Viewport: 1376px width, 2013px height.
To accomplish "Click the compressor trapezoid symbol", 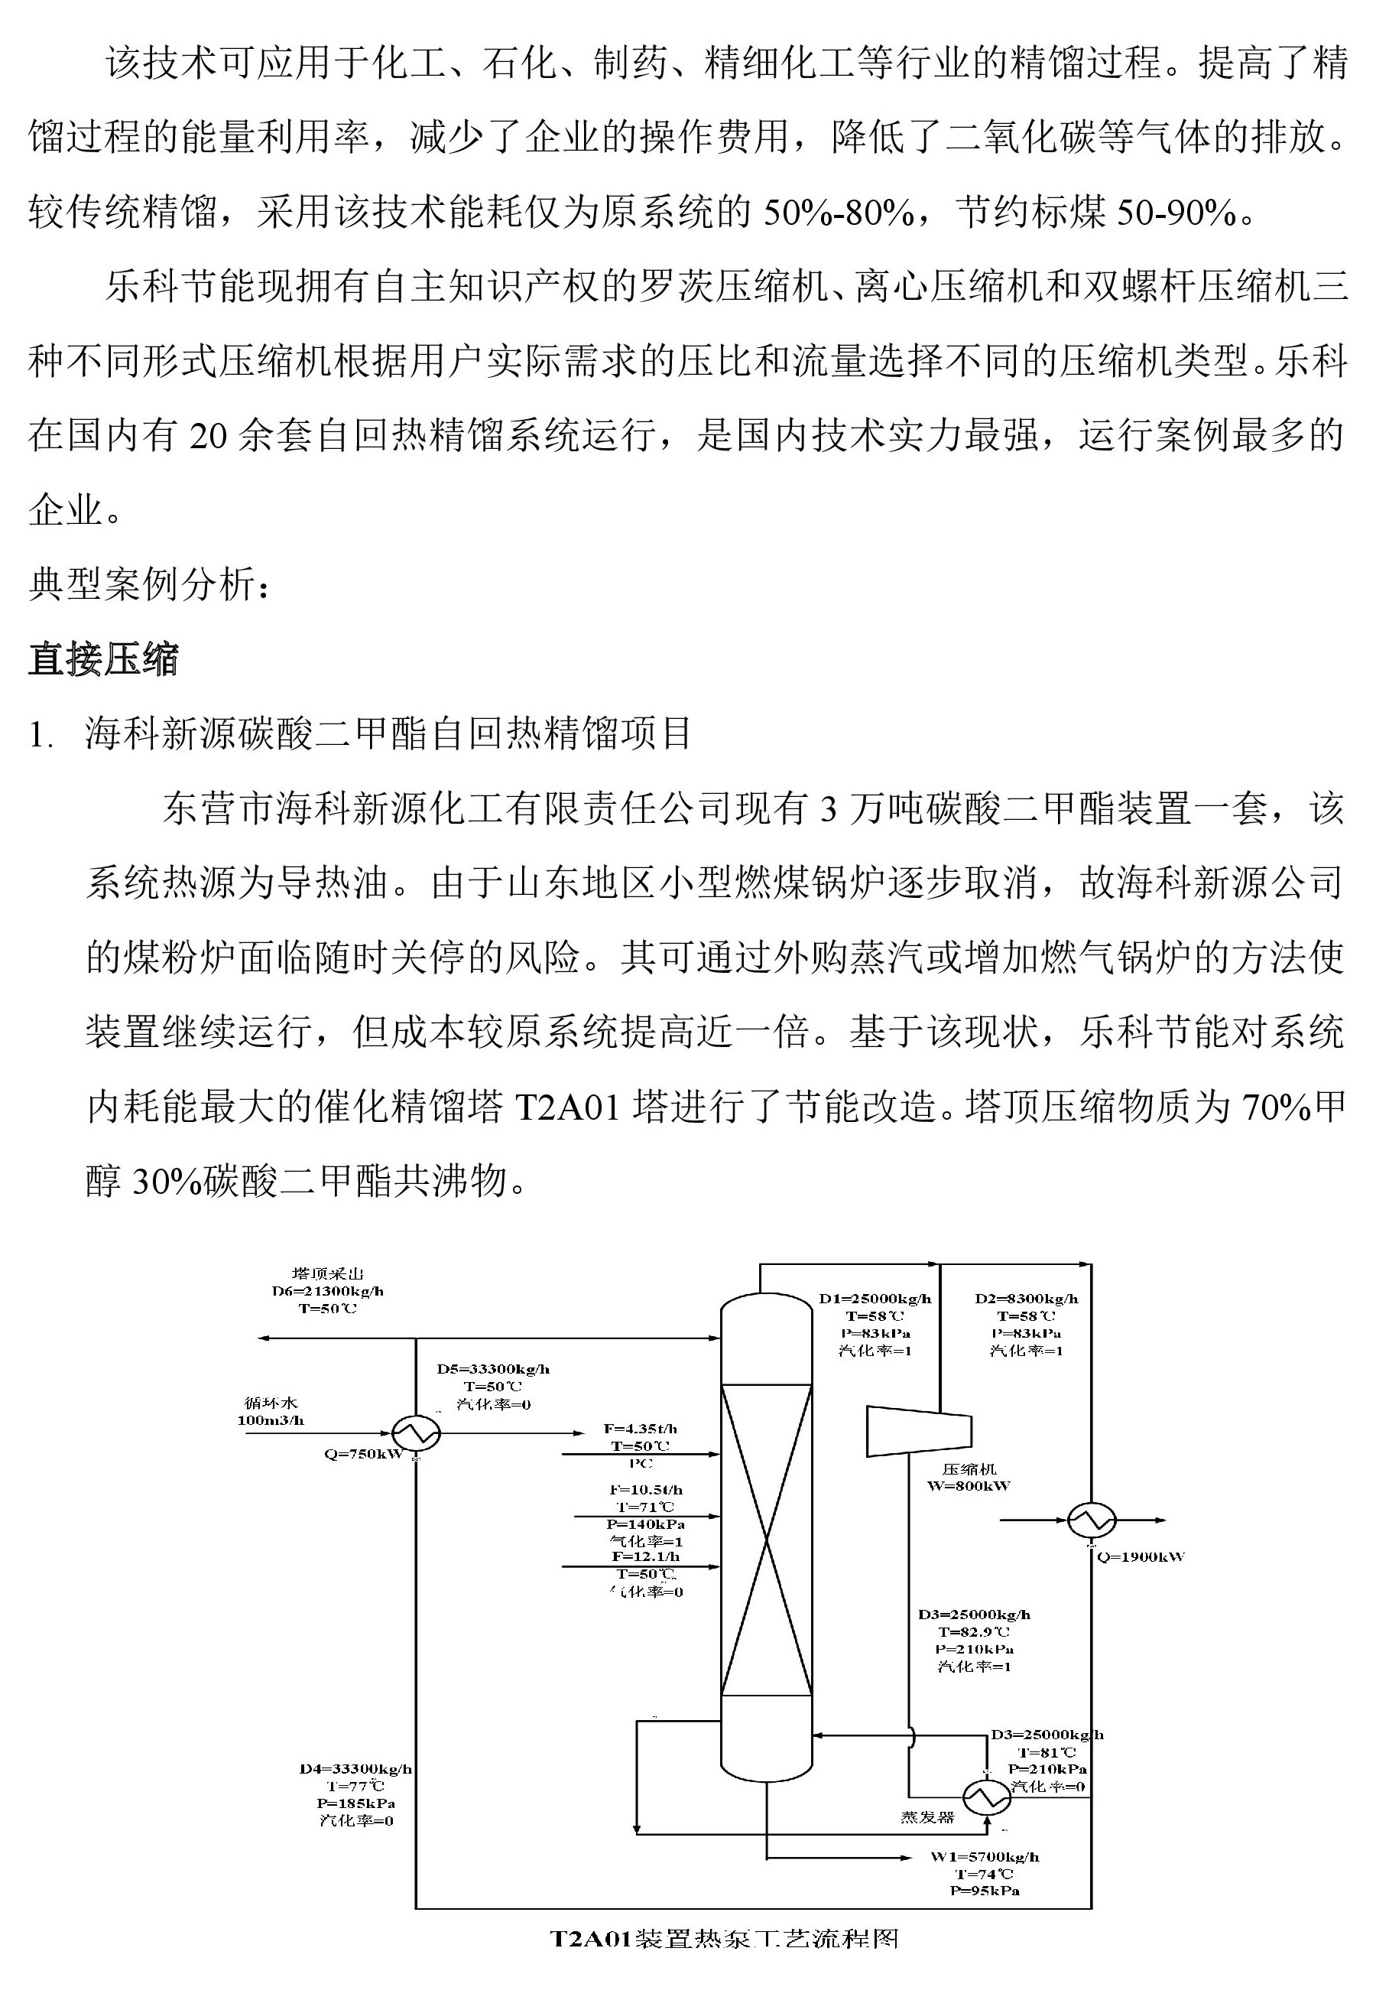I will click(919, 1431).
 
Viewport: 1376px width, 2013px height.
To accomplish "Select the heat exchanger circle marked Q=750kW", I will click(416, 1433).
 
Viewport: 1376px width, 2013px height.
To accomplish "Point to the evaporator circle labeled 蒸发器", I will click(986, 1798).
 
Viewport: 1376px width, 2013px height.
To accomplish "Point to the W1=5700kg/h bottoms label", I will click(985, 1856).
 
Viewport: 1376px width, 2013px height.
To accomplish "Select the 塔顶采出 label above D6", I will click(327, 1273).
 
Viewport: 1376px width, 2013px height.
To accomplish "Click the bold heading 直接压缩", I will click(103, 659).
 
